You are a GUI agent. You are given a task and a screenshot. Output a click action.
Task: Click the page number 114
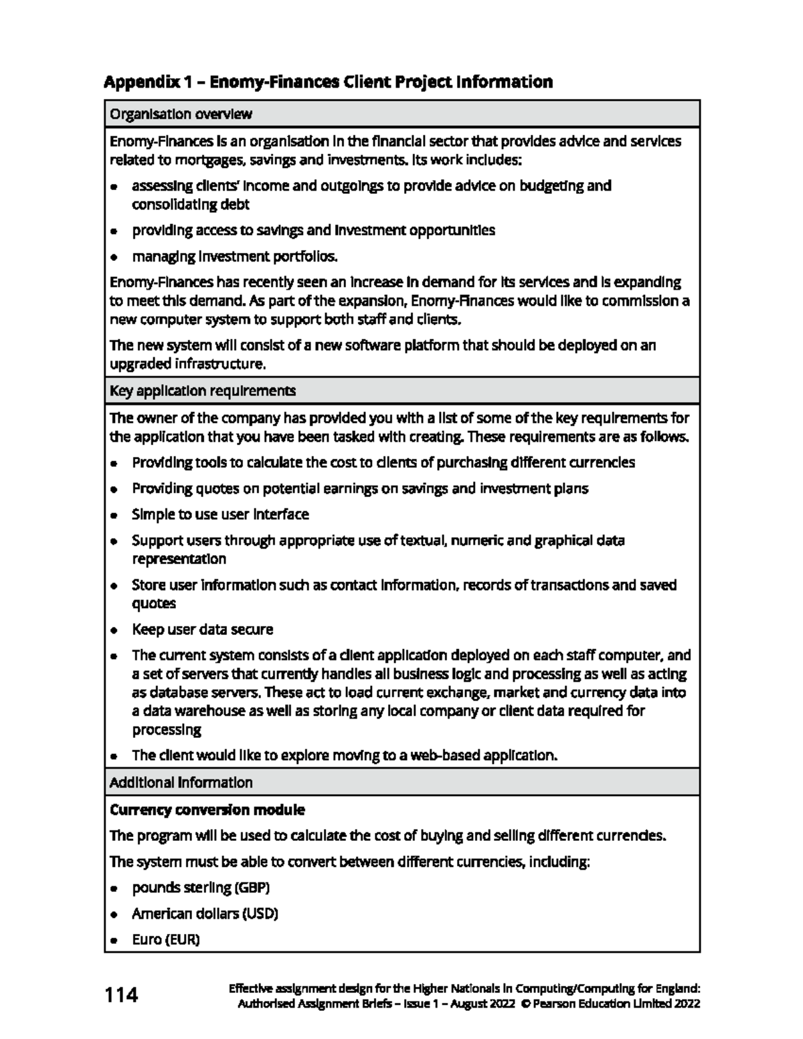(x=121, y=996)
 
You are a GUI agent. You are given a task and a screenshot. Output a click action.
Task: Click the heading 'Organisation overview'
(x=181, y=114)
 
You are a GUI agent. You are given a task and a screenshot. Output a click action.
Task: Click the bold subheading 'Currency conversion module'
(x=207, y=810)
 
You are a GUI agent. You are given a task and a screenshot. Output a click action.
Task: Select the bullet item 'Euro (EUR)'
(x=166, y=940)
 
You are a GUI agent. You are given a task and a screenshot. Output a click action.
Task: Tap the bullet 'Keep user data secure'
(x=202, y=630)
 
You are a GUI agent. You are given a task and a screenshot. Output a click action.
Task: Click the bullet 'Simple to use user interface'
(x=220, y=514)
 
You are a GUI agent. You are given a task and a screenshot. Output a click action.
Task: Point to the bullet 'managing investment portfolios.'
(x=234, y=257)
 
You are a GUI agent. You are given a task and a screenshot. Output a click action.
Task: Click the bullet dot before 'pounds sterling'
(x=115, y=888)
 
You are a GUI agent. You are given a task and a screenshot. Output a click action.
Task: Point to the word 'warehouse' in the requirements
(x=211, y=711)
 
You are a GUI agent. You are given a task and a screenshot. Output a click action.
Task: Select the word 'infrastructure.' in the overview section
(x=221, y=365)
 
